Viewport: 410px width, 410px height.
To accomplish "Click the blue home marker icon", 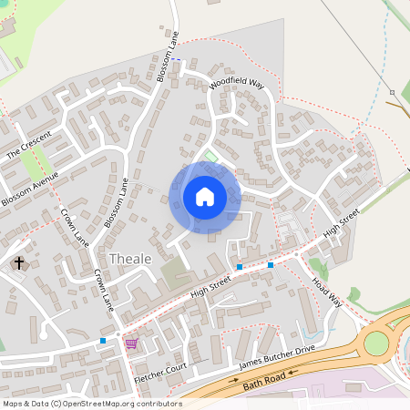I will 205,196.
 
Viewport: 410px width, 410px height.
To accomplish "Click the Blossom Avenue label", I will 30,188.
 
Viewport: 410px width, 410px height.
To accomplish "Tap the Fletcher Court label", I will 159,374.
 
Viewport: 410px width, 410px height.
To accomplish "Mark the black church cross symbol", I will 19,263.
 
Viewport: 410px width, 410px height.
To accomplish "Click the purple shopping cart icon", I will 131,343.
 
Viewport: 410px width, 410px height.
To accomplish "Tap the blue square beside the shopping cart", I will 103,341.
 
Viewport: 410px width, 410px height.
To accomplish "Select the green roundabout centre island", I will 375,343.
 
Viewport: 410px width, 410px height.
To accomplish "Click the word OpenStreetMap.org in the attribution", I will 99,403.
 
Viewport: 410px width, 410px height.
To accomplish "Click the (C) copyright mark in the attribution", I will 56,403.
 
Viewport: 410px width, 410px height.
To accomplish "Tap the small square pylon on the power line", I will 392,92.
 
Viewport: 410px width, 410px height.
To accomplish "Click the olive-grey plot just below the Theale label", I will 173,272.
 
